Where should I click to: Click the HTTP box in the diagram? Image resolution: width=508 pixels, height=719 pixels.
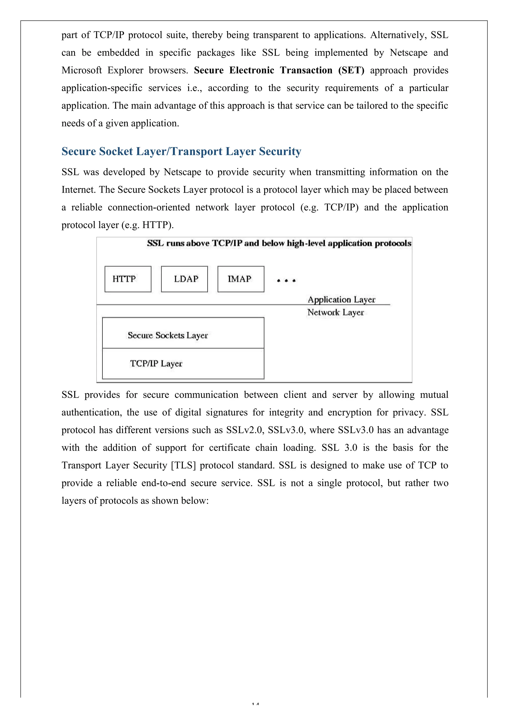pyautogui.click(x=128, y=279)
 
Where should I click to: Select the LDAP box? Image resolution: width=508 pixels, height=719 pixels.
pyautogui.click(x=184, y=279)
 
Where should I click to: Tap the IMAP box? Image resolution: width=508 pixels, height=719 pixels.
pyautogui.click(x=241, y=279)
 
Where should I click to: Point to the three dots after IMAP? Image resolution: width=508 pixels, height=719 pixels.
pyautogui.click(x=286, y=281)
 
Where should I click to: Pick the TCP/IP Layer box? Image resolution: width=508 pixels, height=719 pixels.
pyautogui.click(x=183, y=363)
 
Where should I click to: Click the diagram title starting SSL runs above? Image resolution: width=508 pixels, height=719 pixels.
pyautogui.click(x=279, y=243)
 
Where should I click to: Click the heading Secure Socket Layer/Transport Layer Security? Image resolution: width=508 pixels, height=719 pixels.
pyautogui.click(x=181, y=151)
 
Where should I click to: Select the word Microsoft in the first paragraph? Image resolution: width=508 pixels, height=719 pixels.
pyautogui.click(x=81, y=70)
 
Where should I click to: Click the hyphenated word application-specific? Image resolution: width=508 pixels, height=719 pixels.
pyautogui.click(x=102, y=88)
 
